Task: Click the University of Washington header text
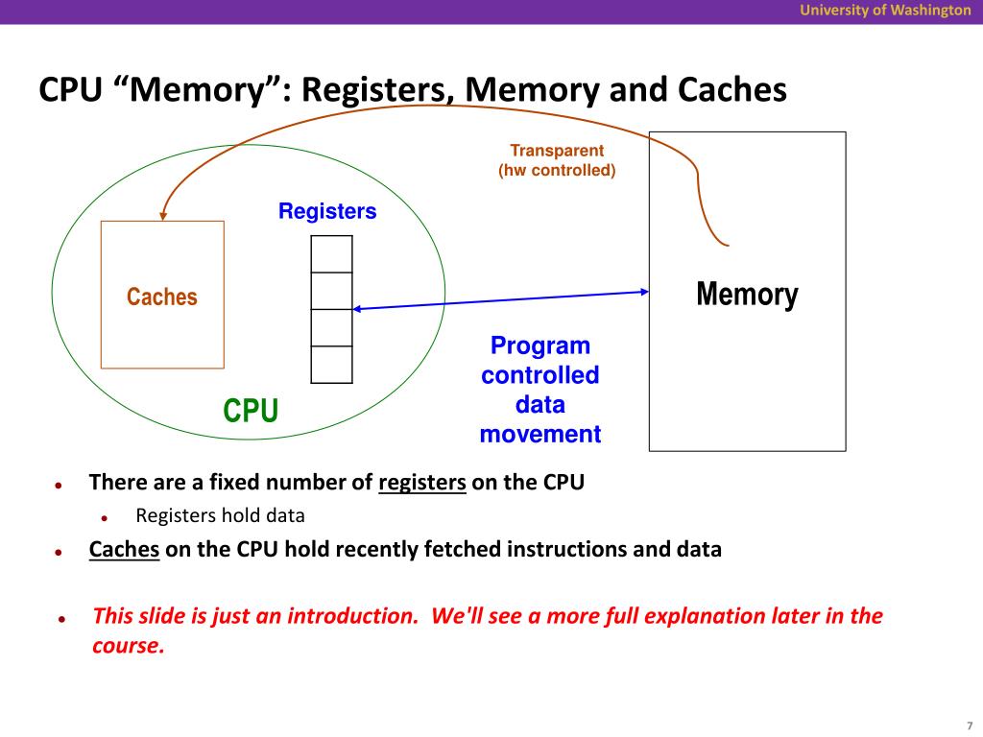(885, 11)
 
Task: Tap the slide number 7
(970, 725)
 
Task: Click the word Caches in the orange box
(161, 297)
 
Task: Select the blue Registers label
(327, 211)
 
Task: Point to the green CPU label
(251, 411)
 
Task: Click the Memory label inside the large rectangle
(747, 294)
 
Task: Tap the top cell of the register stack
(331, 253)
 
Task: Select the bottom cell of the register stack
(331, 365)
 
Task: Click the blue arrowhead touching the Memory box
(644, 292)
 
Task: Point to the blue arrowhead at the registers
(357, 309)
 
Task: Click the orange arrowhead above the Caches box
(163, 216)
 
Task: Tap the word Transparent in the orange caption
(557, 151)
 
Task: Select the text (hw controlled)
(557, 171)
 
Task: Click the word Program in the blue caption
(540, 345)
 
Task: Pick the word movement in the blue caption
(540, 434)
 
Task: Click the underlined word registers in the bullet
(422, 483)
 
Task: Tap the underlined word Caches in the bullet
(124, 549)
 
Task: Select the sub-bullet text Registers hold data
(220, 515)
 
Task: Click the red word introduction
(352, 616)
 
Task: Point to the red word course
(129, 646)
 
